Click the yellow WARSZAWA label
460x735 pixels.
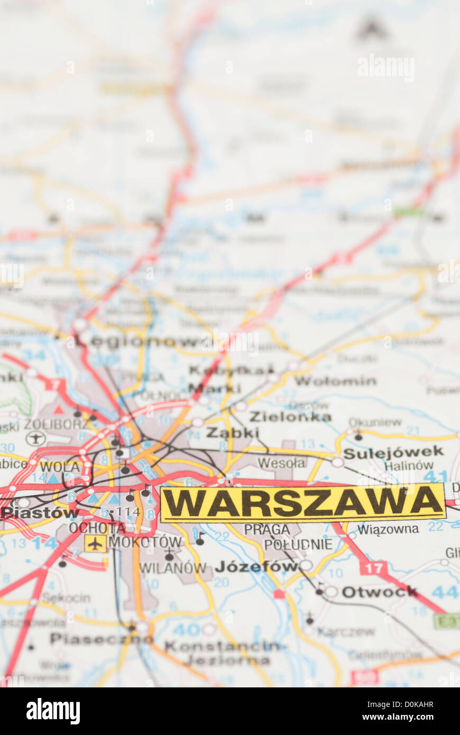[302, 503]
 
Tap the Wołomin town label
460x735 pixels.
[335, 381]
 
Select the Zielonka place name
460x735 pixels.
[290, 417]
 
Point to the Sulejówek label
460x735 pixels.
[393, 452]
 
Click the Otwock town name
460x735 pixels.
[379, 592]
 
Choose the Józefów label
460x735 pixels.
[256, 567]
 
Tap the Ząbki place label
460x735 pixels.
[233, 433]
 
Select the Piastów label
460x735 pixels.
[40, 512]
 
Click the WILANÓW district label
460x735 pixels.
[172, 568]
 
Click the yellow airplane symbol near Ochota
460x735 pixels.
[95, 543]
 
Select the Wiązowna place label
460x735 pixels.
[388, 529]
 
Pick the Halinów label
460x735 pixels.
[409, 466]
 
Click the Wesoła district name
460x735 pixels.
[281, 463]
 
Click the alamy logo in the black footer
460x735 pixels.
[53, 711]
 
